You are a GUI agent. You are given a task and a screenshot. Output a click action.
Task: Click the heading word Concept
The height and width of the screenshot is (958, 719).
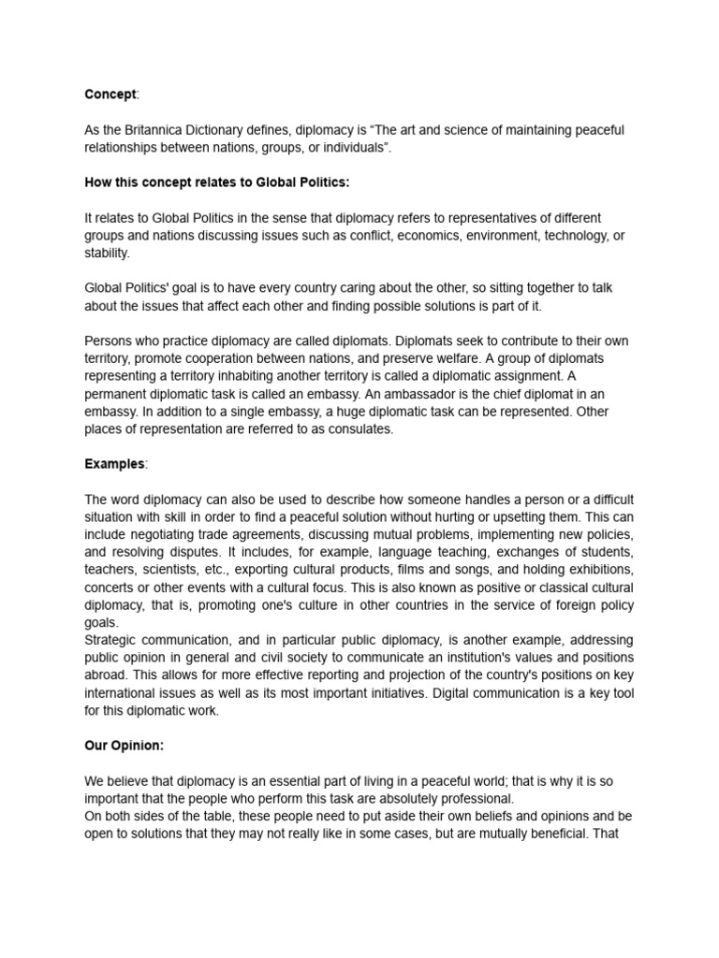[110, 94]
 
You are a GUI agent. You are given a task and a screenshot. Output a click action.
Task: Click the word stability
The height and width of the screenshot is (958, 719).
[107, 252]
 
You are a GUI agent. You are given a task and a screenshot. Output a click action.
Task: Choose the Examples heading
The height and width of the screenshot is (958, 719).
[114, 463]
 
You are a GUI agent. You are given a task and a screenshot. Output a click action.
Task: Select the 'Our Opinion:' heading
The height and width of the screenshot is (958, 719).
[125, 746]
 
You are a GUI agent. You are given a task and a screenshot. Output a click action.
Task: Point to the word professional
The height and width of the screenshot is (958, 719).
[471, 798]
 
